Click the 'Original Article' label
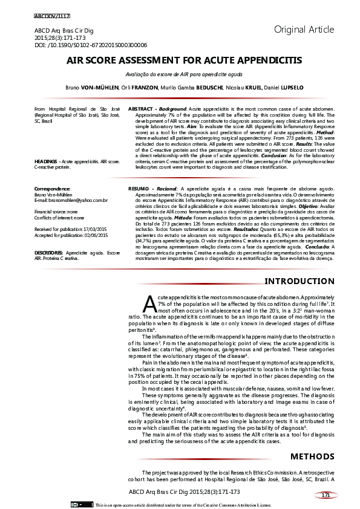pos(304,29)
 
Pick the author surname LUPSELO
pos(289,88)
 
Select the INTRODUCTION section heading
pos(299,281)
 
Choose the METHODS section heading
pos(312,456)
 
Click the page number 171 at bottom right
pos(326,495)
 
